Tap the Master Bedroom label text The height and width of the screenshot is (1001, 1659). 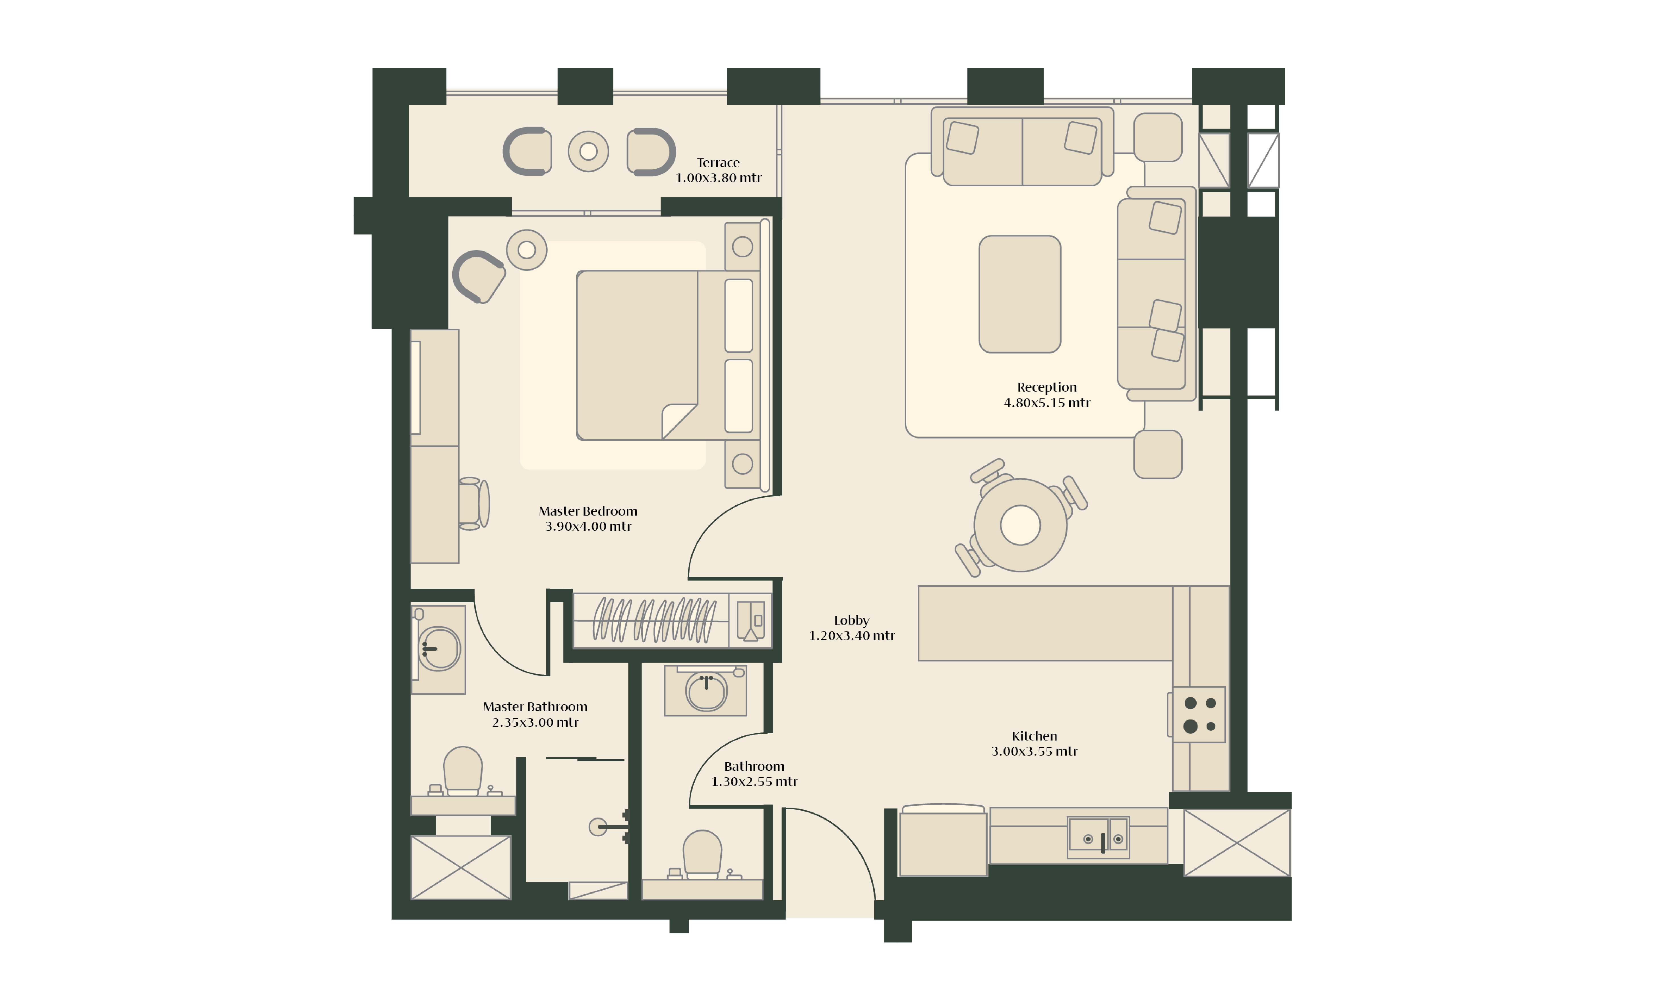(588, 518)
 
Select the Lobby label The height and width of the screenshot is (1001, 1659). (852, 627)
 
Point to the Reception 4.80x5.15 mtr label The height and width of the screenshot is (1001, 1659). (1047, 394)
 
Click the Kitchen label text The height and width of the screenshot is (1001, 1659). (1034, 743)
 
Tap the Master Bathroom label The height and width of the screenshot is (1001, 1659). (535, 714)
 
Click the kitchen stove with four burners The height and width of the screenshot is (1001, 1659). (1198, 714)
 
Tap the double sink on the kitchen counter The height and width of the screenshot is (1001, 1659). (1098, 837)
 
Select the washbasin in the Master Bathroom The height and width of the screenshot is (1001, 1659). (438, 649)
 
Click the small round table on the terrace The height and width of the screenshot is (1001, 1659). (588, 152)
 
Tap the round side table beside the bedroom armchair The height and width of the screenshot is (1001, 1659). (527, 250)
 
